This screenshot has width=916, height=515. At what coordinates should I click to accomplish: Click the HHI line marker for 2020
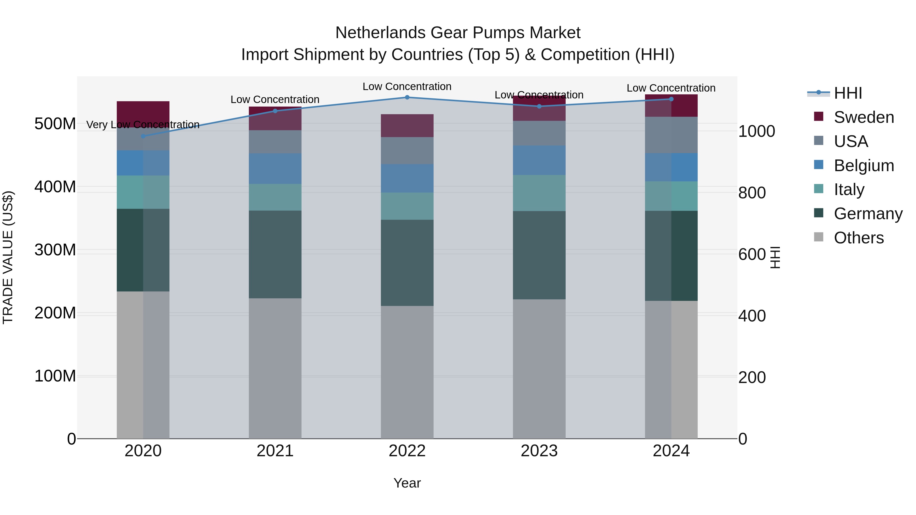[143, 136]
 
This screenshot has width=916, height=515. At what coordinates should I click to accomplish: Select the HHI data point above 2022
[407, 97]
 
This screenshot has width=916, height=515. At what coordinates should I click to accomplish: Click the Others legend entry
[858, 238]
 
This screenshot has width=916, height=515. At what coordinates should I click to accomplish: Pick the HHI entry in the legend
[848, 93]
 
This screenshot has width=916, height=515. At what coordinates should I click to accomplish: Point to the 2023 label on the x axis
[539, 451]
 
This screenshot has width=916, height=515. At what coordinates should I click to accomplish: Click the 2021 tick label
[275, 451]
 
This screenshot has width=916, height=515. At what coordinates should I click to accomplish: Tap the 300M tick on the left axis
[55, 250]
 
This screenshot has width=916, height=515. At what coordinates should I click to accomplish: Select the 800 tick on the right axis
[752, 193]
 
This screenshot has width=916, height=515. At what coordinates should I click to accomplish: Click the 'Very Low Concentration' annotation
[143, 125]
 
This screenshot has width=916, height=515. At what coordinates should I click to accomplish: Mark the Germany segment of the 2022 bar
[407, 263]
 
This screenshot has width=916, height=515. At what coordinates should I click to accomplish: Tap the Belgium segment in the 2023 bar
[539, 160]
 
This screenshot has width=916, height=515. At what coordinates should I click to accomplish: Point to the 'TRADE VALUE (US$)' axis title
[8, 257]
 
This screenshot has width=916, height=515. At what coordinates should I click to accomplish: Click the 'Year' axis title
[407, 483]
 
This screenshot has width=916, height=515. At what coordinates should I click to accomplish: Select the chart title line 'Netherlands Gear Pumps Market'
[458, 33]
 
